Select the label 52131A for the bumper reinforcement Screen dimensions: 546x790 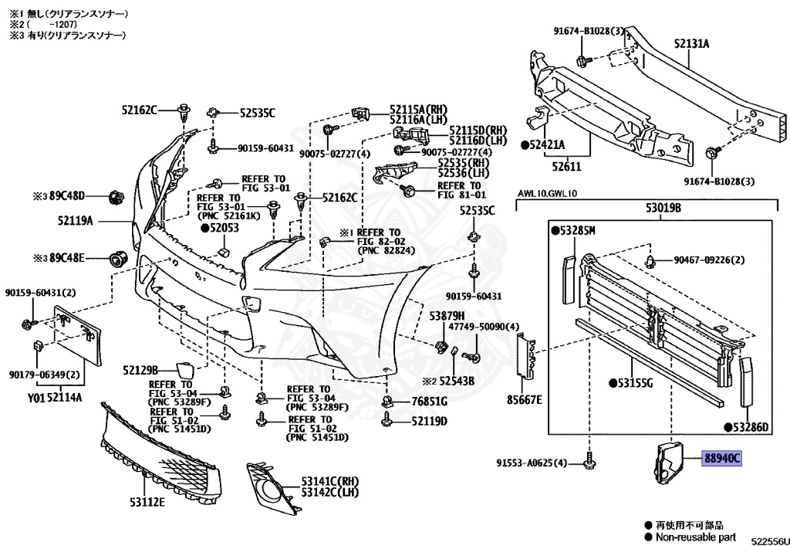(691, 44)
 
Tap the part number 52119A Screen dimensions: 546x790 (75, 221)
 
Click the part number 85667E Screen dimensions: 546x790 (525, 399)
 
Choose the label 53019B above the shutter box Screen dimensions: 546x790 (669, 207)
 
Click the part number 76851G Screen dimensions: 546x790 (429, 401)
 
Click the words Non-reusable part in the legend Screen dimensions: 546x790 (695, 537)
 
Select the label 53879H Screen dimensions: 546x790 (447, 316)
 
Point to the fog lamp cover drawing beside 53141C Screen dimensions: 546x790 (270, 490)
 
